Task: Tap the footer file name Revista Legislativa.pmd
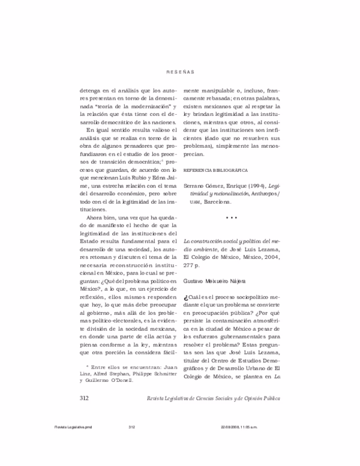(x=71, y=427)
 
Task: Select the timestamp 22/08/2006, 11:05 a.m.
(x=242, y=427)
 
